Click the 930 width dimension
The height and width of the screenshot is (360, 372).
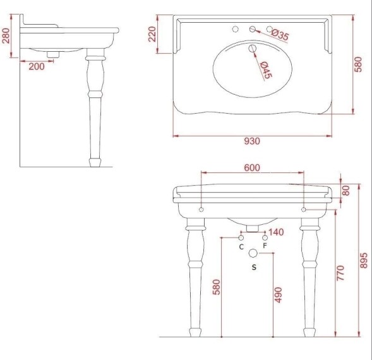251,141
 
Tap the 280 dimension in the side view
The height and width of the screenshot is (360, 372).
6,35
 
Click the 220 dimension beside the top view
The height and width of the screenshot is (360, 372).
152,33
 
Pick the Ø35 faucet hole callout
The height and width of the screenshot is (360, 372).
279,36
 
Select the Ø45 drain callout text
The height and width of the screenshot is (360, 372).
265,68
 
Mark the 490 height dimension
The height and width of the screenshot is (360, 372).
279,294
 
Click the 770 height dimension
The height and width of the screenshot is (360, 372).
341,273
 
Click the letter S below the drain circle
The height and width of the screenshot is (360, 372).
254,268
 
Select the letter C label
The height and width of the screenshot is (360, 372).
241,246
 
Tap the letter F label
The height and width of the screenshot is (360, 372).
265,246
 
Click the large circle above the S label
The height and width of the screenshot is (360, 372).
254,253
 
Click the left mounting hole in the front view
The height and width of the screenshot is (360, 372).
201,209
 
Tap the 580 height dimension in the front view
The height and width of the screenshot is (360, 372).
216,287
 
